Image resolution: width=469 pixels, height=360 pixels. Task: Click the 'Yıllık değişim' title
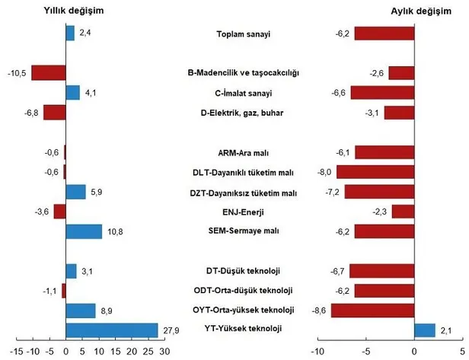click(72, 12)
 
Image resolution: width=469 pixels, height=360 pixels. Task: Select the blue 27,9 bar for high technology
click(112, 330)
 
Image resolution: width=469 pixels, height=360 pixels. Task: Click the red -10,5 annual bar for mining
click(49, 73)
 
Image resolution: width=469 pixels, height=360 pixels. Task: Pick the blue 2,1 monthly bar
click(425, 330)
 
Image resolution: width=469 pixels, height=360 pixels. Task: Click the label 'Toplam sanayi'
click(244, 33)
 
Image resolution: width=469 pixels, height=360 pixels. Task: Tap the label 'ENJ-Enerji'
click(244, 211)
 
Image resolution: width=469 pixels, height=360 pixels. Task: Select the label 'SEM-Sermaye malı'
click(244, 231)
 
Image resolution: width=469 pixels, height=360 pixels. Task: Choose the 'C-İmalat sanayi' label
click(244, 93)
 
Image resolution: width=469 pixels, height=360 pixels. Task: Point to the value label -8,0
click(324, 172)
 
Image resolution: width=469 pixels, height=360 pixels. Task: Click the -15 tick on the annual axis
click(15, 351)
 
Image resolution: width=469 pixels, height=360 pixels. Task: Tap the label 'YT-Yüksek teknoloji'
click(244, 329)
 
